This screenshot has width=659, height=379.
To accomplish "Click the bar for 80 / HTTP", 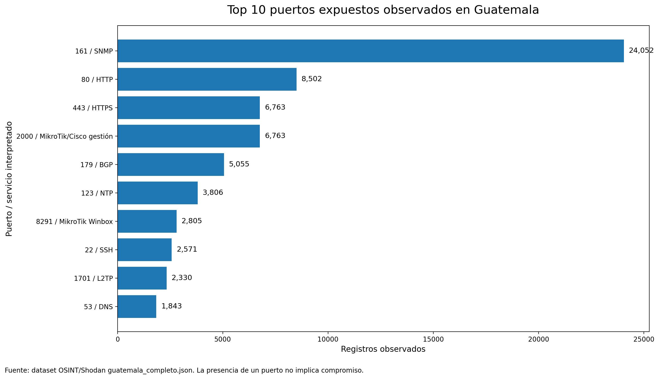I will (x=207, y=79).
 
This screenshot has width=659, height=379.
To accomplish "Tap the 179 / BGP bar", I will (x=171, y=164).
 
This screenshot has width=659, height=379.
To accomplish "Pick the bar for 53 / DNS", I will (x=137, y=306).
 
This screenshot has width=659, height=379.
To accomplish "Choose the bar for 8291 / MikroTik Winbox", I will (x=147, y=221).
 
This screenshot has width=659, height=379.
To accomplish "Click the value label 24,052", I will (x=641, y=50).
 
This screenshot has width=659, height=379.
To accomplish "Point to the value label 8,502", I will (x=311, y=79).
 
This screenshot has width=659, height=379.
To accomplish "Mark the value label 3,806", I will (x=213, y=193).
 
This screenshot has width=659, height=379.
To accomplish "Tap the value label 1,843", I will (x=171, y=306).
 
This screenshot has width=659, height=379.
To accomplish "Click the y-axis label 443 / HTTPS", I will (x=92, y=108).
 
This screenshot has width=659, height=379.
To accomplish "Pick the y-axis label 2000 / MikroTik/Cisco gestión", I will (x=64, y=136).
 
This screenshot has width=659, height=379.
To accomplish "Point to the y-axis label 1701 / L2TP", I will (x=93, y=279).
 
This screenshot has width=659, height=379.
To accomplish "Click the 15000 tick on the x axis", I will (x=433, y=339).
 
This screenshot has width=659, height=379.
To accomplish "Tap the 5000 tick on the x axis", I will (x=223, y=339).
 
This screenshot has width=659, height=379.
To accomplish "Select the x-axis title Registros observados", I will (x=383, y=349).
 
